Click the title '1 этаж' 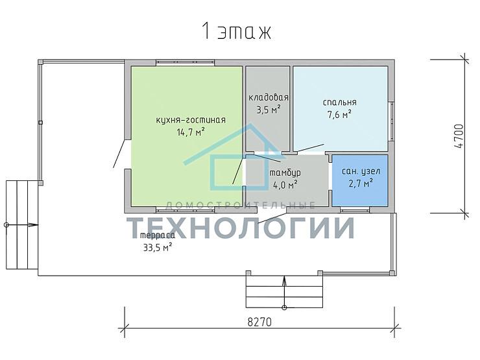tap(236, 31)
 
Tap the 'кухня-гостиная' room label tap(191, 120)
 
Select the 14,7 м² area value tap(191, 132)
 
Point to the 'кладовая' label tap(268, 97)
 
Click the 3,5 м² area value tap(268, 110)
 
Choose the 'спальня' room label tap(339, 102)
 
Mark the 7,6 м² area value tap(339, 115)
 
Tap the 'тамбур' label tap(285, 173)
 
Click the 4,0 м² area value tap(285, 185)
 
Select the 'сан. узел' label tap(361, 171)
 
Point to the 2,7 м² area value tap(361, 183)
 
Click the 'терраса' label tap(158, 235)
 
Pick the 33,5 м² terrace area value tap(158, 247)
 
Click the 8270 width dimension tap(259, 322)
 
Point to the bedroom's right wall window tap(391, 121)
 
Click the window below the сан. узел tap(355, 210)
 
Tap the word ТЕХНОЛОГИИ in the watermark tap(241, 228)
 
